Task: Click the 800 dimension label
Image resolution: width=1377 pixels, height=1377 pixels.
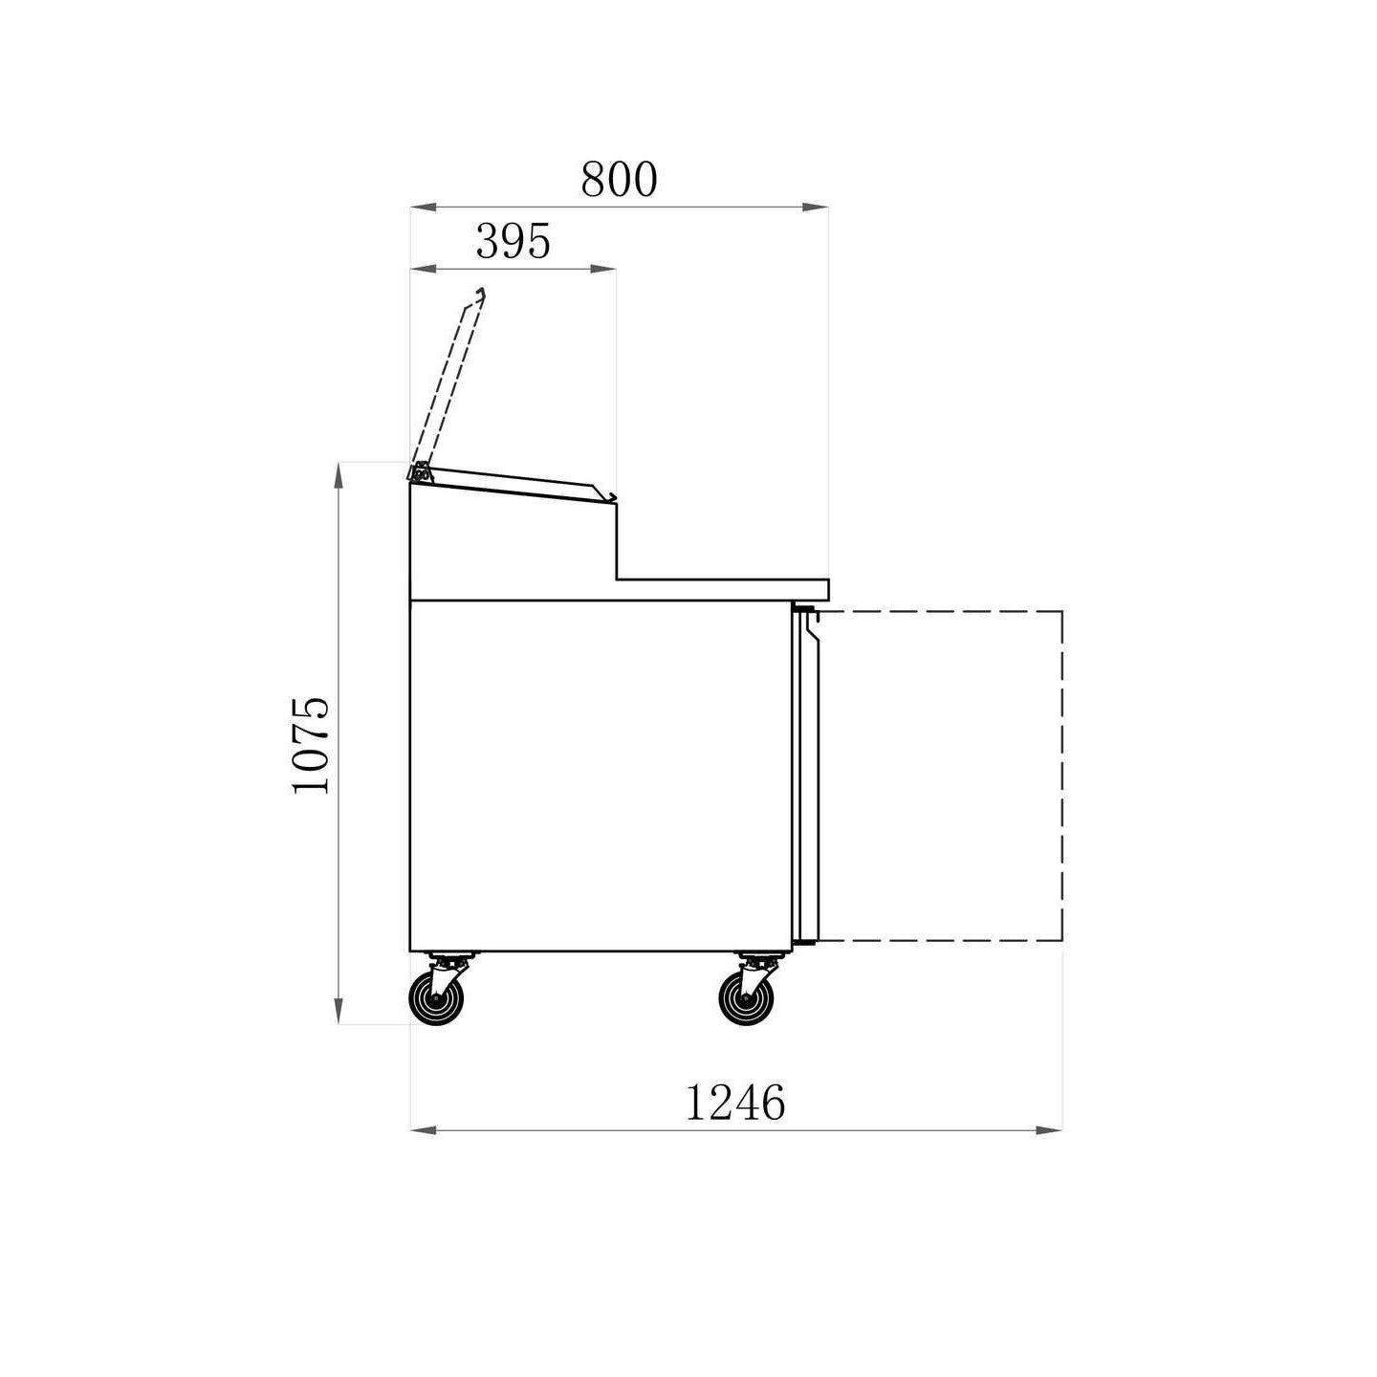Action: point(618,180)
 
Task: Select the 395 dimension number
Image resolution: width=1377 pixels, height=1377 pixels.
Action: point(514,242)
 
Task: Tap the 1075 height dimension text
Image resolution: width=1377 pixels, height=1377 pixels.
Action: point(312,744)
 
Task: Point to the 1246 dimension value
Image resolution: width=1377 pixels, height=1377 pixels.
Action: point(734,1103)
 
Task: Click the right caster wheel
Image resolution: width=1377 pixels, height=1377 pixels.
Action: point(745,998)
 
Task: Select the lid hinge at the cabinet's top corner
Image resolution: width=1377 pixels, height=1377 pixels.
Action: point(420,472)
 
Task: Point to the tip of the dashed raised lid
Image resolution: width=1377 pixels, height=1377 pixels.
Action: point(482,291)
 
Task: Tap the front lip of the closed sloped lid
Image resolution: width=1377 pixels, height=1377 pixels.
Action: point(606,493)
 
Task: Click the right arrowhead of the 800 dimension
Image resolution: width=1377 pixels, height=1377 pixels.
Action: point(815,208)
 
